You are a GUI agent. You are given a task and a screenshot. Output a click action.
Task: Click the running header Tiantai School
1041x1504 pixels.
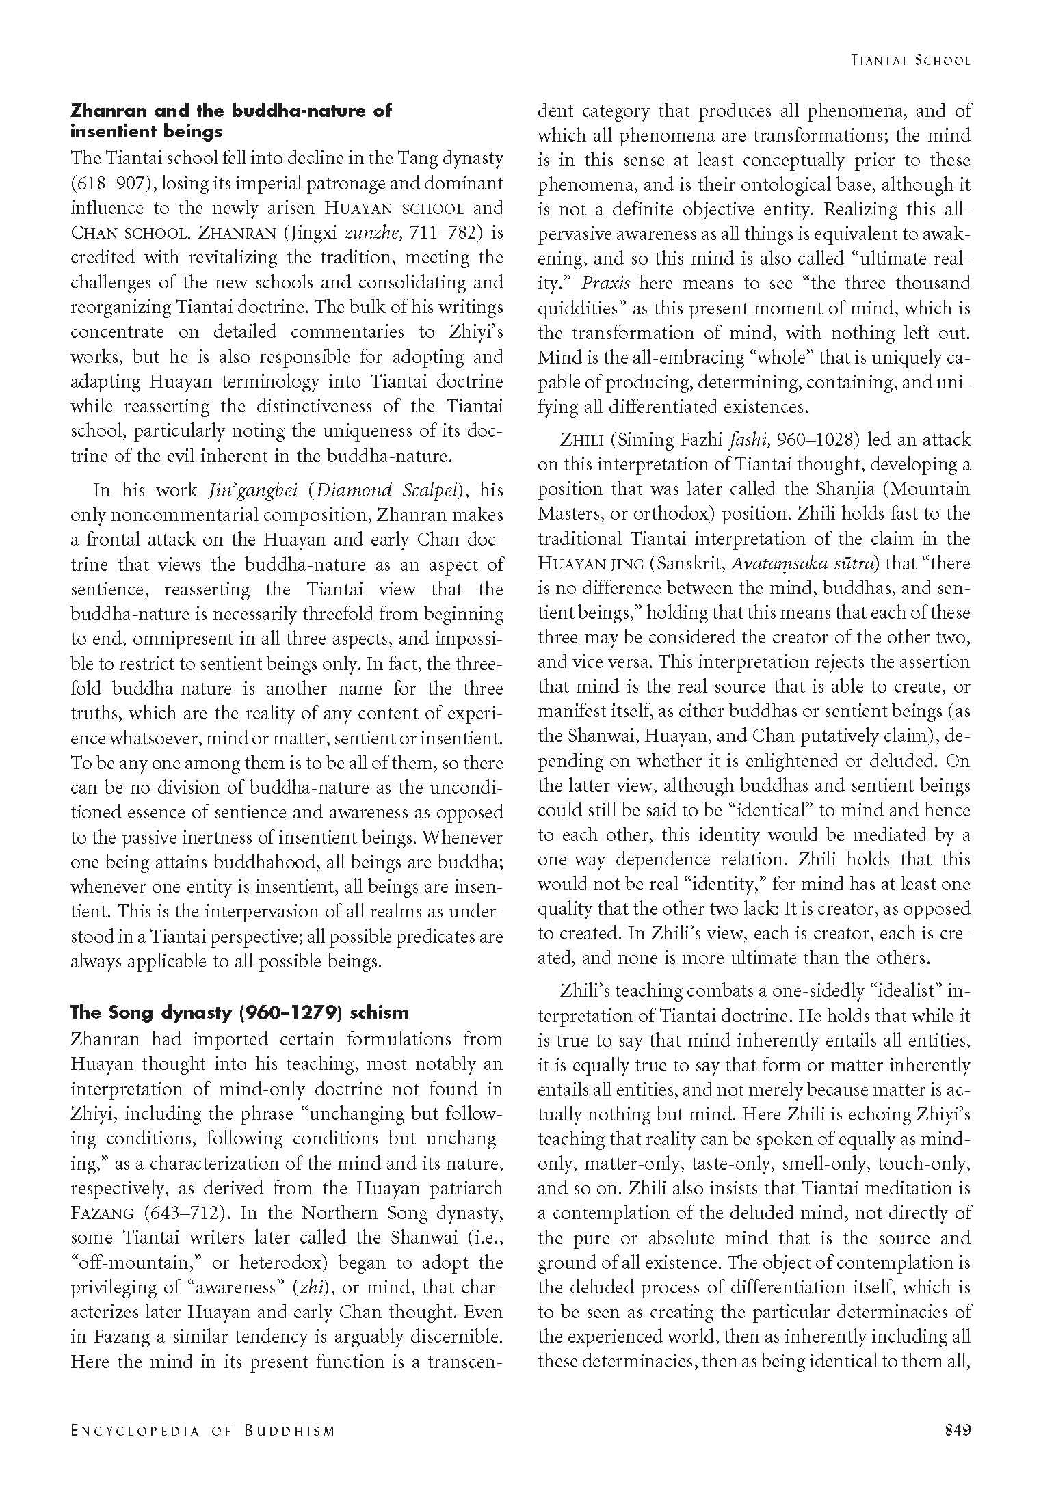point(910,60)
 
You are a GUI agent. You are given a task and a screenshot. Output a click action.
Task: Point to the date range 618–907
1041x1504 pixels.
point(106,183)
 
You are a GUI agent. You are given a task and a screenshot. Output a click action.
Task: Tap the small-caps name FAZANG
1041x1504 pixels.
point(103,1213)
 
